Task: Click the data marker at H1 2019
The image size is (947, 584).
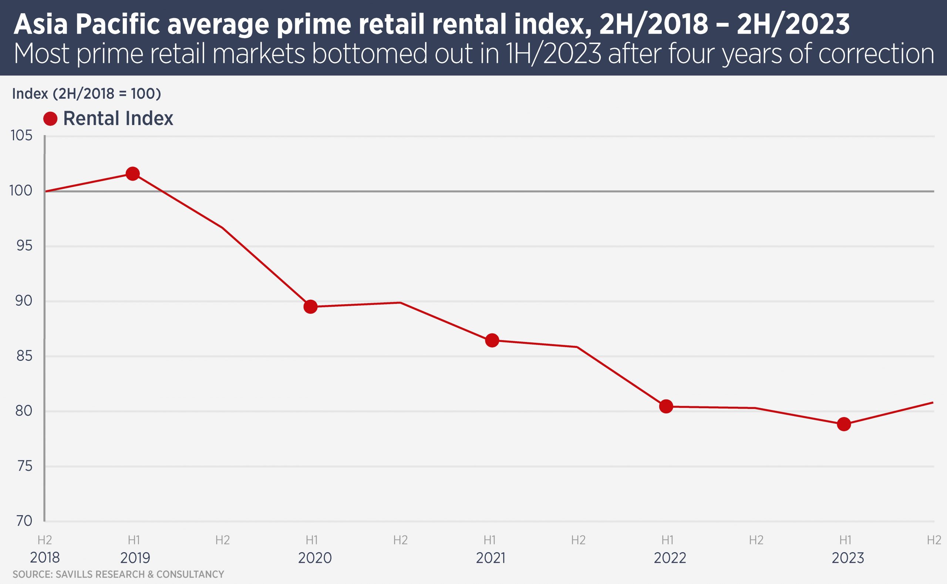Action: [133, 174]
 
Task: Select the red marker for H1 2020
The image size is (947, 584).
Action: [310, 307]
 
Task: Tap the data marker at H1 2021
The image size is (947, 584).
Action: [492, 340]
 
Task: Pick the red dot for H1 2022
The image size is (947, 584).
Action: [666, 406]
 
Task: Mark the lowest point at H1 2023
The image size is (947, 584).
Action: [844, 424]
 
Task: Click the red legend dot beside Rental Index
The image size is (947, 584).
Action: [50, 118]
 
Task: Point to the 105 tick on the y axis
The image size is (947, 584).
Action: [21, 135]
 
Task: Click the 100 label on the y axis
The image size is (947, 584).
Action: [21, 191]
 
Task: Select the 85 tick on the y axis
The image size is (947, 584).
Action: [24, 356]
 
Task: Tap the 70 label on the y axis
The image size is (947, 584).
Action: [24, 521]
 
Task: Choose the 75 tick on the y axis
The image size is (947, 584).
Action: [24, 466]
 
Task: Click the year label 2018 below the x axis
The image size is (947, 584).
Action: [45, 558]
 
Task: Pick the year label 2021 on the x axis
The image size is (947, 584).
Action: [490, 558]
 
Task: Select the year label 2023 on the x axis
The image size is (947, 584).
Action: [848, 558]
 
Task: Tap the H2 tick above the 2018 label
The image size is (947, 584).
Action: [45, 540]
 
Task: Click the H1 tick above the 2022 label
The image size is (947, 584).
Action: [667, 540]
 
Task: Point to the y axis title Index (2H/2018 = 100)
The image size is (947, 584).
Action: [87, 94]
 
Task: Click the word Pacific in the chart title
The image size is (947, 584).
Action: [118, 24]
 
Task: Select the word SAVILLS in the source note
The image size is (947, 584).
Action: [74, 574]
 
